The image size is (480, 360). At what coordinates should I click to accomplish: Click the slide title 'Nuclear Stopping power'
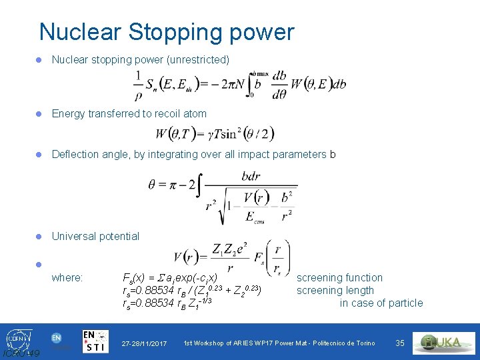[x=166, y=32]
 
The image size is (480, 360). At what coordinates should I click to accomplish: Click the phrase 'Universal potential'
[x=95, y=236]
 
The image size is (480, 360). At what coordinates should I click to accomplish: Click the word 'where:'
[x=67, y=277]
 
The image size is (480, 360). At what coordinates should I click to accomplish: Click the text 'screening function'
[x=339, y=277]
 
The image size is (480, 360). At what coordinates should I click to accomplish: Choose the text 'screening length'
[x=335, y=290]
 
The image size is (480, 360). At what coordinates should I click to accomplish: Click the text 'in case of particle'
[x=381, y=303]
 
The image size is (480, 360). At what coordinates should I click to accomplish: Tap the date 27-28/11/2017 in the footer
[x=144, y=343]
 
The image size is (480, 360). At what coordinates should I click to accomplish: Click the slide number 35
[x=400, y=343]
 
